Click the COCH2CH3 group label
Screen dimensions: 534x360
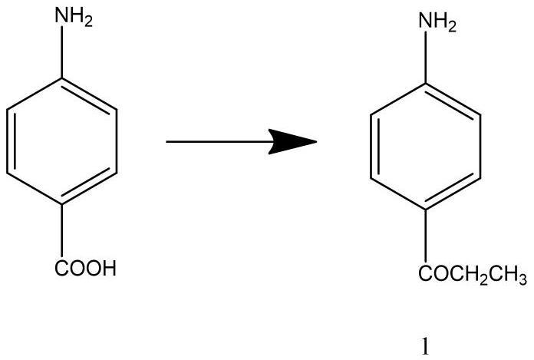pos(473,274)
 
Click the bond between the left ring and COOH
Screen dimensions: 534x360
pos(61,231)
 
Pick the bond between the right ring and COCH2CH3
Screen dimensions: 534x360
pos(425,234)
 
